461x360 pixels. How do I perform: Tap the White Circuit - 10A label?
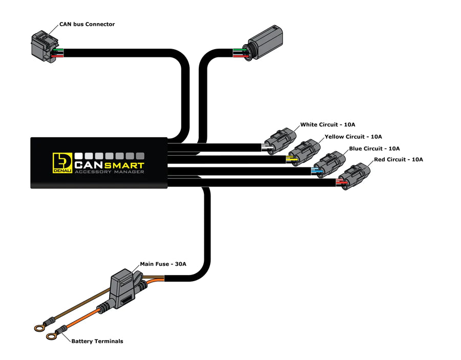point(328,124)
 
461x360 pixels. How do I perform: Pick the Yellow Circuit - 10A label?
point(353,137)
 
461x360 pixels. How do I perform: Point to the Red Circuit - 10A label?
point(398,160)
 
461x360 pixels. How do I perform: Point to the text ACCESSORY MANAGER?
point(109,172)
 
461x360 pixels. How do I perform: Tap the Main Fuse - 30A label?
point(163,264)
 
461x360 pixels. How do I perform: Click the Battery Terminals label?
point(97,341)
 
